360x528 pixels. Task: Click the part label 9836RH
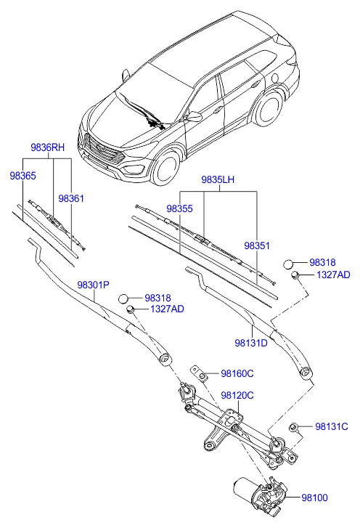(x=47, y=147)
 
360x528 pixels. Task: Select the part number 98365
(x=23, y=176)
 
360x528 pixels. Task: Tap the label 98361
(x=71, y=199)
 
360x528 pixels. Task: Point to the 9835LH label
(x=218, y=180)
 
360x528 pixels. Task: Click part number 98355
(x=180, y=208)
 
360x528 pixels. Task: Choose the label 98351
(x=257, y=245)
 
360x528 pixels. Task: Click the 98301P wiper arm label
(x=94, y=285)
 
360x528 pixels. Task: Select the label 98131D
(x=251, y=343)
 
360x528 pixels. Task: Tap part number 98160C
(x=237, y=373)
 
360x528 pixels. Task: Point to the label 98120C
(x=237, y=395)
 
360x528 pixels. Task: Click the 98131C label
(x=332, y=426)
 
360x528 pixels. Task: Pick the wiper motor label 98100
(x=314, y=497)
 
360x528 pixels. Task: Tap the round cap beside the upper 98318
(x=288, y=264)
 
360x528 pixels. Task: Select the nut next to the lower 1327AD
(x=131, y=309)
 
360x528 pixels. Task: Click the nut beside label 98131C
(x=294, y=428)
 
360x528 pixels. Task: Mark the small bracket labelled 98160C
(x=199, y=373)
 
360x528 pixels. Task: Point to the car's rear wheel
(x=268, y=109)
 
